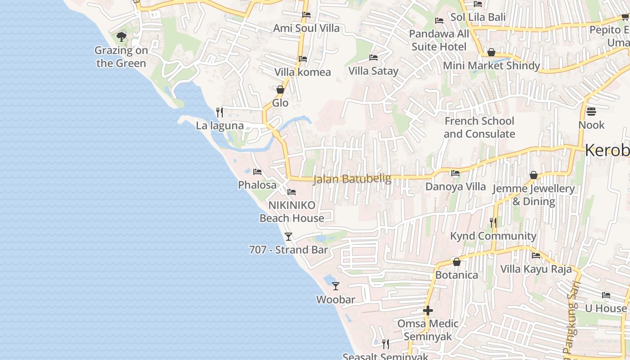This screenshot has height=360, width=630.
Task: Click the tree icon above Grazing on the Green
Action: point(121,36)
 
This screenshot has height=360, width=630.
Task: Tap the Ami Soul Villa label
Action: point(306,28)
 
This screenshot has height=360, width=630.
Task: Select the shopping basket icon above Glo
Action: point(280,90)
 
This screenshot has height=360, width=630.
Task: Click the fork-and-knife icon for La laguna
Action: point(220,112)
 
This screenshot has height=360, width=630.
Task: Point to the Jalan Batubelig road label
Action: point(351,179)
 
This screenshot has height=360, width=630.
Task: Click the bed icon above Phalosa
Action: point(257,171)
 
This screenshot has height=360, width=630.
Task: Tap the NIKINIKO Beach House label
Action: point(292,211)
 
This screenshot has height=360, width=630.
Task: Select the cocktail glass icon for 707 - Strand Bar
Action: point(288,236)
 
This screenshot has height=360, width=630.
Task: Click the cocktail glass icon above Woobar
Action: point(336,286)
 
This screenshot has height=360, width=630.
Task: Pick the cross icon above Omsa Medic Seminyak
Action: point(428,310)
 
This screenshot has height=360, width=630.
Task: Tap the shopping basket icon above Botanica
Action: point(457,262)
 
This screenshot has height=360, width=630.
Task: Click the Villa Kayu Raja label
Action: point(536,269)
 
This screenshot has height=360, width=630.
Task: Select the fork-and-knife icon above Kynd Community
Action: point(493,222)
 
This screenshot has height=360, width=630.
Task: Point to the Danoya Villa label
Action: point(455,186)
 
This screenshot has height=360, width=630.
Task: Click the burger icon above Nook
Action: point(591,111)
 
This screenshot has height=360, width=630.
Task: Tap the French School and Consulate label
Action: point(479,127)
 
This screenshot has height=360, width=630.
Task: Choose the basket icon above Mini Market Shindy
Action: point(491,52)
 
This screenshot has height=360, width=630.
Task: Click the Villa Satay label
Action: point(373,71)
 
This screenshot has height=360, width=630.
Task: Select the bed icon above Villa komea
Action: point(303,58)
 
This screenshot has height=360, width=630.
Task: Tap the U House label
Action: point(606,308)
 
